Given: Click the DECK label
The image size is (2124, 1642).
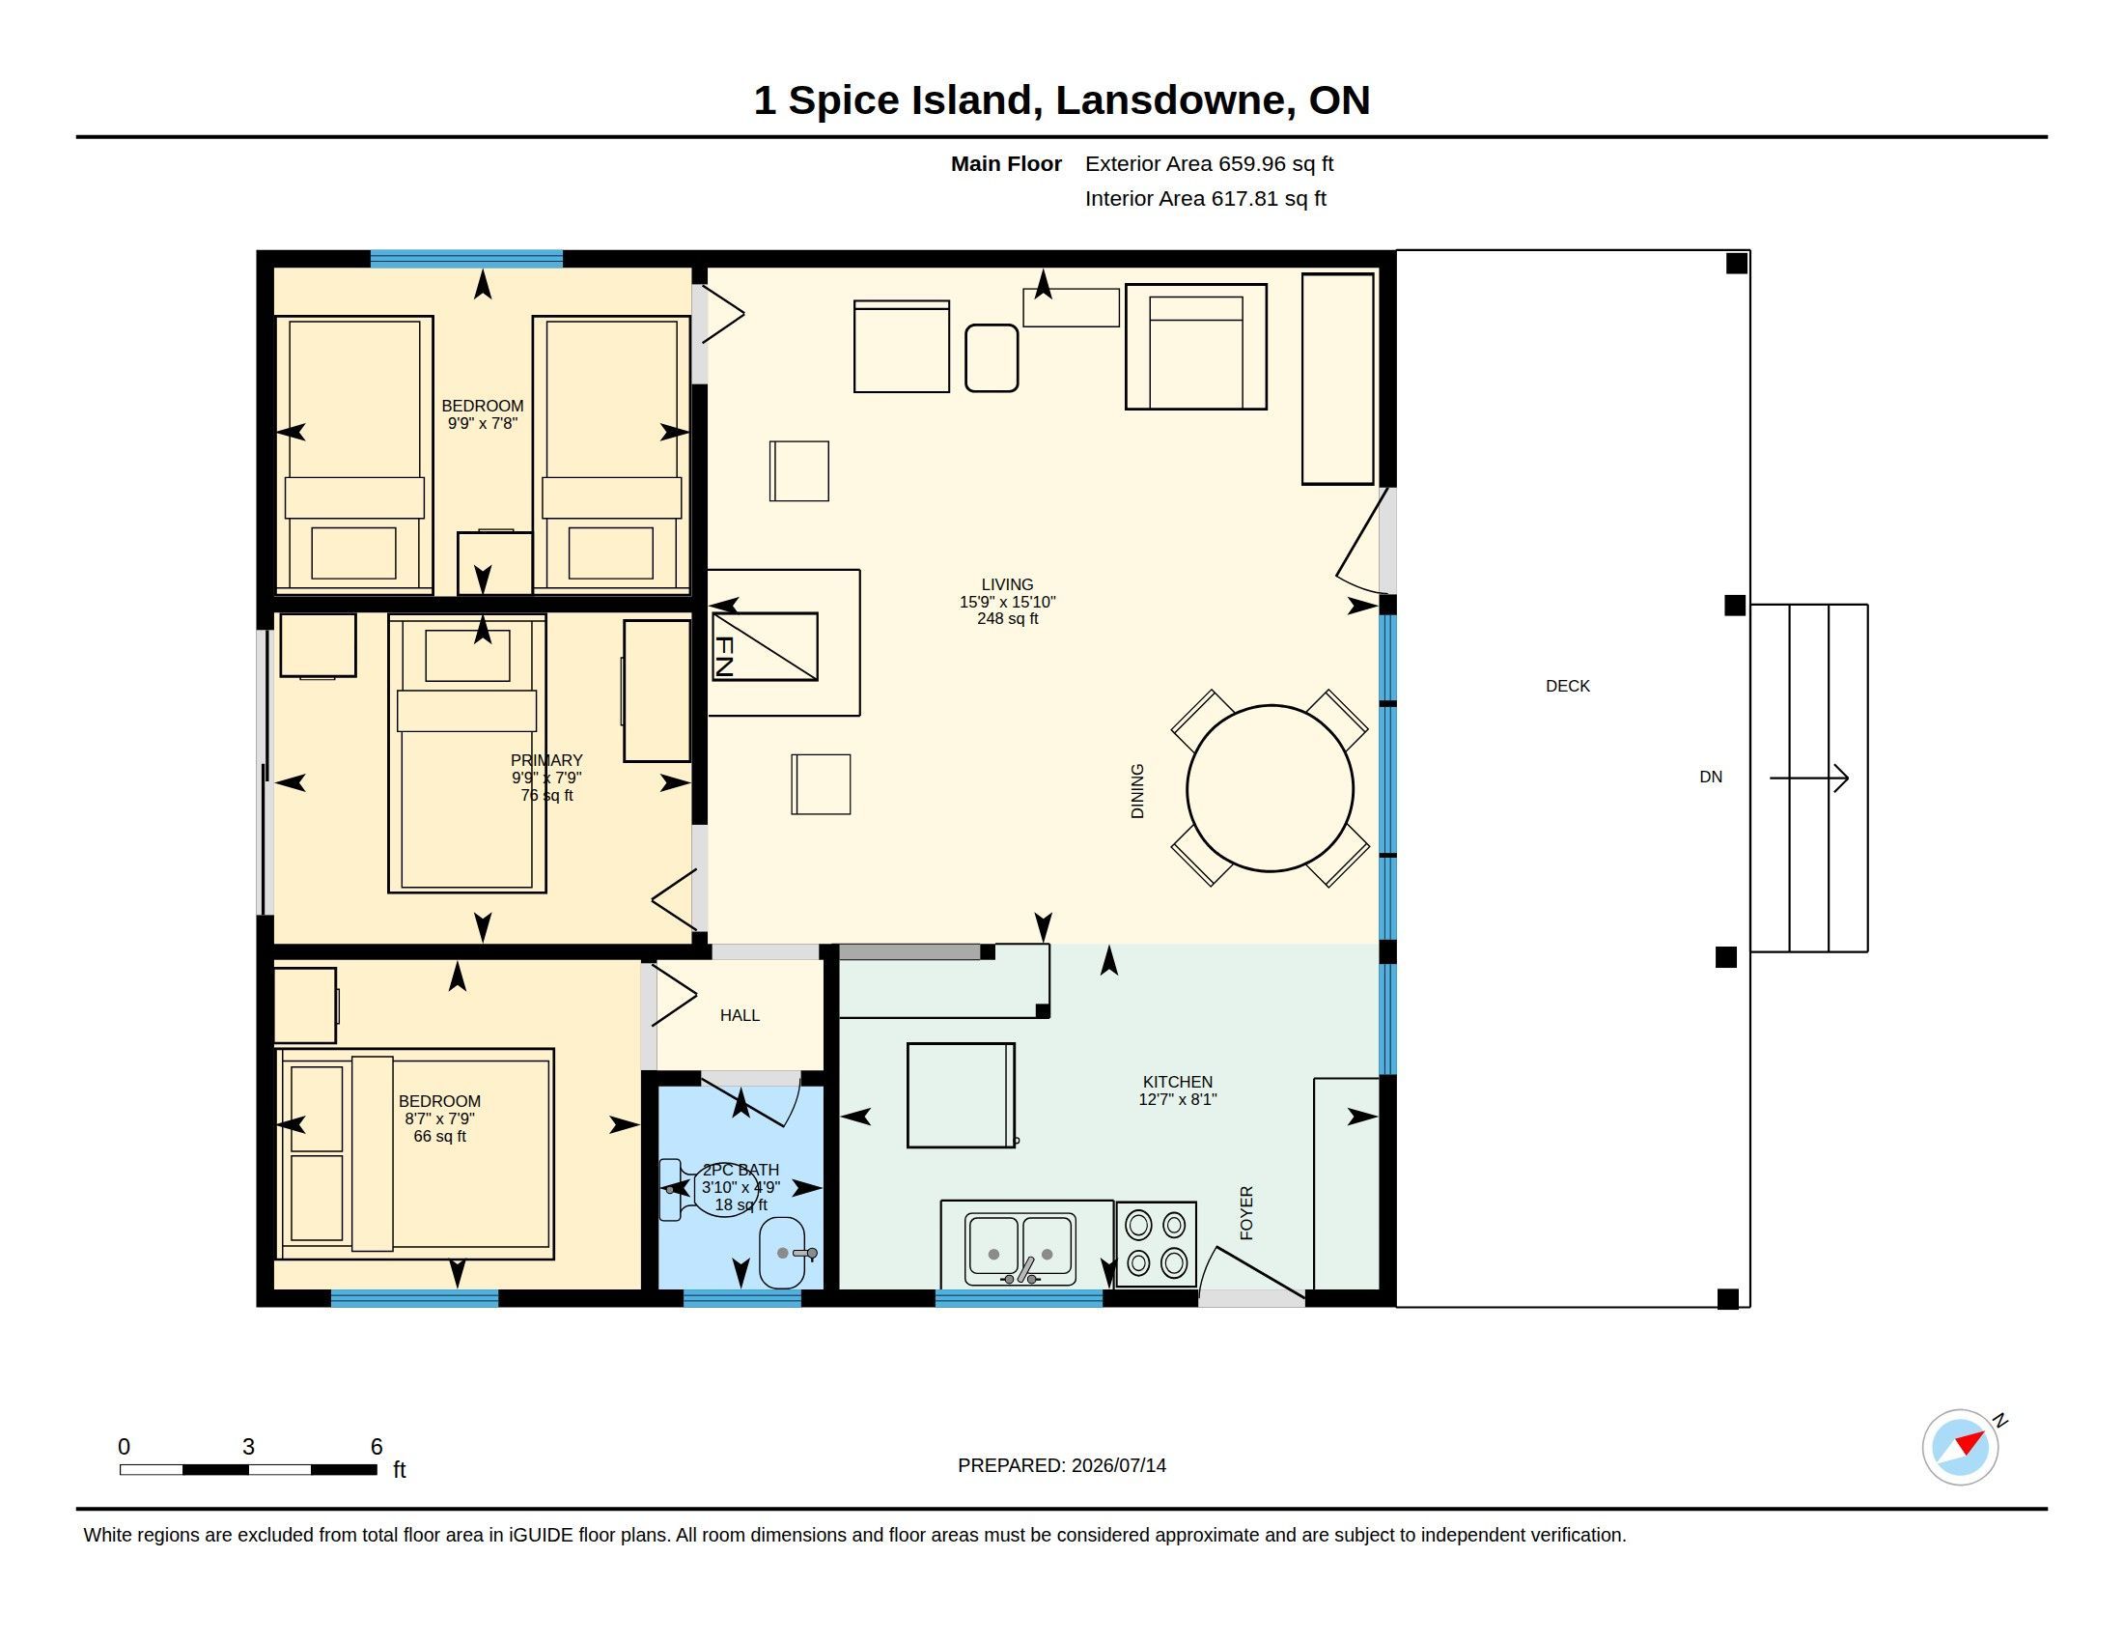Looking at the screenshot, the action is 1568,686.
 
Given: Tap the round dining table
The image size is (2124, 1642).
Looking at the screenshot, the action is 1270,788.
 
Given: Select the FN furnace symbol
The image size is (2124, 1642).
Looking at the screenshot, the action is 765,646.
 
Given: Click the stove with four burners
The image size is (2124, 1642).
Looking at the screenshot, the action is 1156,1244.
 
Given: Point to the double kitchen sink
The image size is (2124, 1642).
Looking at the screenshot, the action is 1020,1248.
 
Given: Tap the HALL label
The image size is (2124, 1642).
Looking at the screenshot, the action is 741,1015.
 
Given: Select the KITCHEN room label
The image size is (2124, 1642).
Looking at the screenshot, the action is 1178,1082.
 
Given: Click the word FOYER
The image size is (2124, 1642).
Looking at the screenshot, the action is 1246,1212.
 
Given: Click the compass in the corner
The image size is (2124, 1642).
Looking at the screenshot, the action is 1961,1448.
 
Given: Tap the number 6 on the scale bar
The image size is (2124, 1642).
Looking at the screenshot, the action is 377,1447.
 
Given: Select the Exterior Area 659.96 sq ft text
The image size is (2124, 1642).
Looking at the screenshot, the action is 1209,163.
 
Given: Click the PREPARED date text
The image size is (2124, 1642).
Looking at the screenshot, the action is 1062,1465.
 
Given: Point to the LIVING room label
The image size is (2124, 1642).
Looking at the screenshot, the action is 1008,584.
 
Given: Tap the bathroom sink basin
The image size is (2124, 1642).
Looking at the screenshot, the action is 783,1253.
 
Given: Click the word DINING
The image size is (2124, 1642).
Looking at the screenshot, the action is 1138,791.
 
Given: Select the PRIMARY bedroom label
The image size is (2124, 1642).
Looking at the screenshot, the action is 546,761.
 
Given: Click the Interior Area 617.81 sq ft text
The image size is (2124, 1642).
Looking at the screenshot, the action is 1206,198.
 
